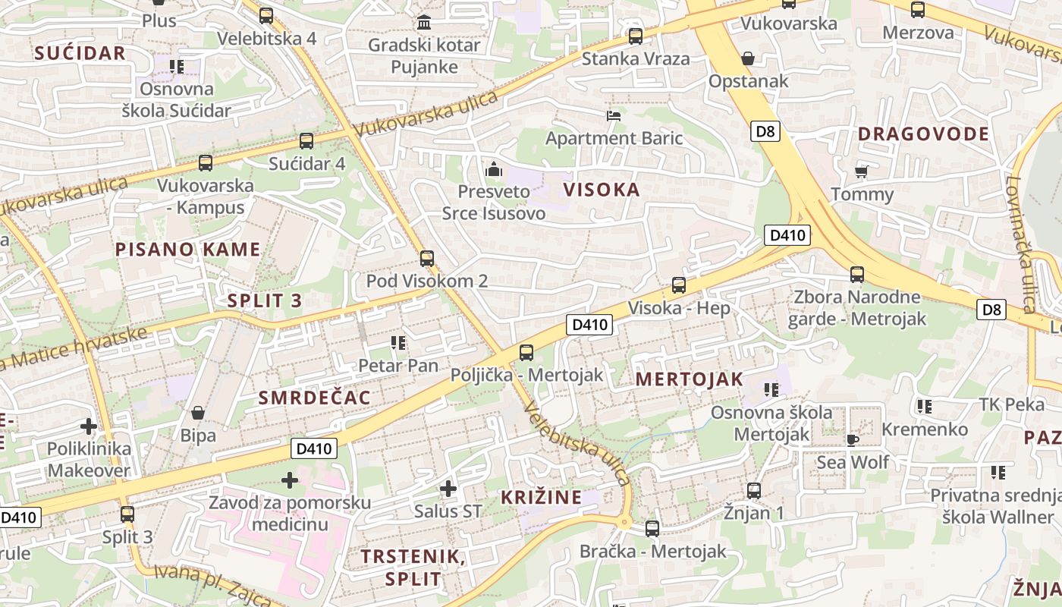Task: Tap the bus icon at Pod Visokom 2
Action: pos(427,258)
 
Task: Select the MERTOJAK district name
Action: pos(689,379)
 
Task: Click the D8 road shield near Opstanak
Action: pos(766,131)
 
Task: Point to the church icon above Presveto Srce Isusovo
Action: pos(494,168)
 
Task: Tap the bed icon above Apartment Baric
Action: pos(614,116)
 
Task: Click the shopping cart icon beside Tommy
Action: pos(861,171)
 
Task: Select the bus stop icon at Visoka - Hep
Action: pos(679,285)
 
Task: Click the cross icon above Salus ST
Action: pos(448,489)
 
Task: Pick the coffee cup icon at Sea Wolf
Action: pos(853,439)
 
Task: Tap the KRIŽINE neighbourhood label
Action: pos(542,498)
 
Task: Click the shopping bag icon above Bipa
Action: pos(198,413)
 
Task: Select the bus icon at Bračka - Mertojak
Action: pos(652,529)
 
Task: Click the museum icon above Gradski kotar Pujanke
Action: pos(424,22)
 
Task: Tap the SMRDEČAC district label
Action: pos(315,398)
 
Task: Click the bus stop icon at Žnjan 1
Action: pos(753,490)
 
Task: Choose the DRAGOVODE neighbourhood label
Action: pos(923,134)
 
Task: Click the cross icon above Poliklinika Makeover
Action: pos(89,426)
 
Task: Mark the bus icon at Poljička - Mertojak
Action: pos(526,352)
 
